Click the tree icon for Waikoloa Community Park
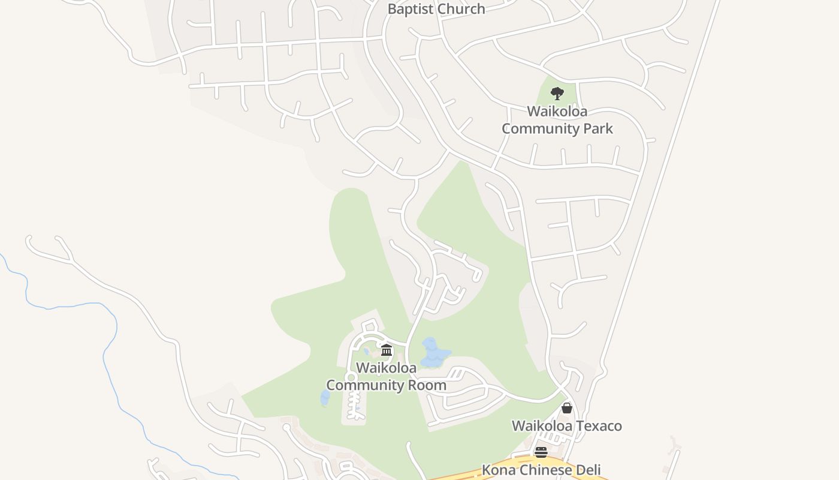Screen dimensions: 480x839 coord(557,93)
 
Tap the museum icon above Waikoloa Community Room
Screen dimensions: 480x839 coord(387,350)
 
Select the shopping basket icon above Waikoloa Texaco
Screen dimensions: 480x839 coord(567,408)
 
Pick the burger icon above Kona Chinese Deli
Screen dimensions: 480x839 coord(541,452)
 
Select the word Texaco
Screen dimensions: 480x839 coord(600,426)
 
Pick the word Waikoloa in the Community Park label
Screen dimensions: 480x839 coord(557,111)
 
